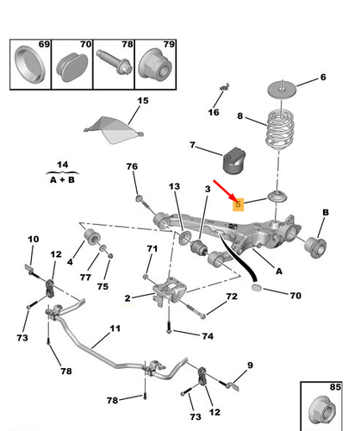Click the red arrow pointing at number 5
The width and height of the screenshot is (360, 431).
pyautogui.click(x=225, y=190)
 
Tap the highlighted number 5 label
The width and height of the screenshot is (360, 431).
pyautogui.click(x=238, y=204)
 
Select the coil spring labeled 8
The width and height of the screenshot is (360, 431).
pyautogui.click(x=279, y=129)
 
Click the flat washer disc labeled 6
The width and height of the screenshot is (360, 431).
pyautogui.click(x=282, y=89)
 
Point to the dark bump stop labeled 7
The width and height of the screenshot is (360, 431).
pyautogui.click(x=234, y=161)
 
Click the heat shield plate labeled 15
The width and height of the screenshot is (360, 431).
pyautogui.click(x=114, y=129)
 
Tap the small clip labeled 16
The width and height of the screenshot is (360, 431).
pyautogui.click(x=225, y=86)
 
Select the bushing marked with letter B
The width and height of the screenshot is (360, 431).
pyautogui.click(x=315, y=247)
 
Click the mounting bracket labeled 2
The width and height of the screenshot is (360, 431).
pyautogui.click(x=170, y=291)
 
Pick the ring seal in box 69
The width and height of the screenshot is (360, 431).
pyautogui.click(x=29, y=65)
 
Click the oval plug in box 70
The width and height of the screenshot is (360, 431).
pyautogui.click(x=72, y=68)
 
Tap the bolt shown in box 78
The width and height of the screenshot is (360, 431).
pyautogui.click(x=114, y=62)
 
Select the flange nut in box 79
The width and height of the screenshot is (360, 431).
pyautogui.click(x=155, y=66)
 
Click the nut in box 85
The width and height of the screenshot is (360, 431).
pyautogui.click(x=322, y=409)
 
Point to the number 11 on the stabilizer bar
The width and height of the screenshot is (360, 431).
pyautogui.click(x=115, y=328)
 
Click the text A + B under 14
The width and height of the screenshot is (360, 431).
pyautogui.click(x=63, y=180)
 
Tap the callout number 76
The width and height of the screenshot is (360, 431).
pyautogui.click(x=132, y=166)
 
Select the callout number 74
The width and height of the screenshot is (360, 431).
pyautogui.click(x=208, y=336)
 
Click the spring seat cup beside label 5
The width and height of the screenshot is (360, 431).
pyautogui.click(x=277, y=197)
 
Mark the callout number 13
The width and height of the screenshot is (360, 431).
pyautogui.click(x=174, y=186)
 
